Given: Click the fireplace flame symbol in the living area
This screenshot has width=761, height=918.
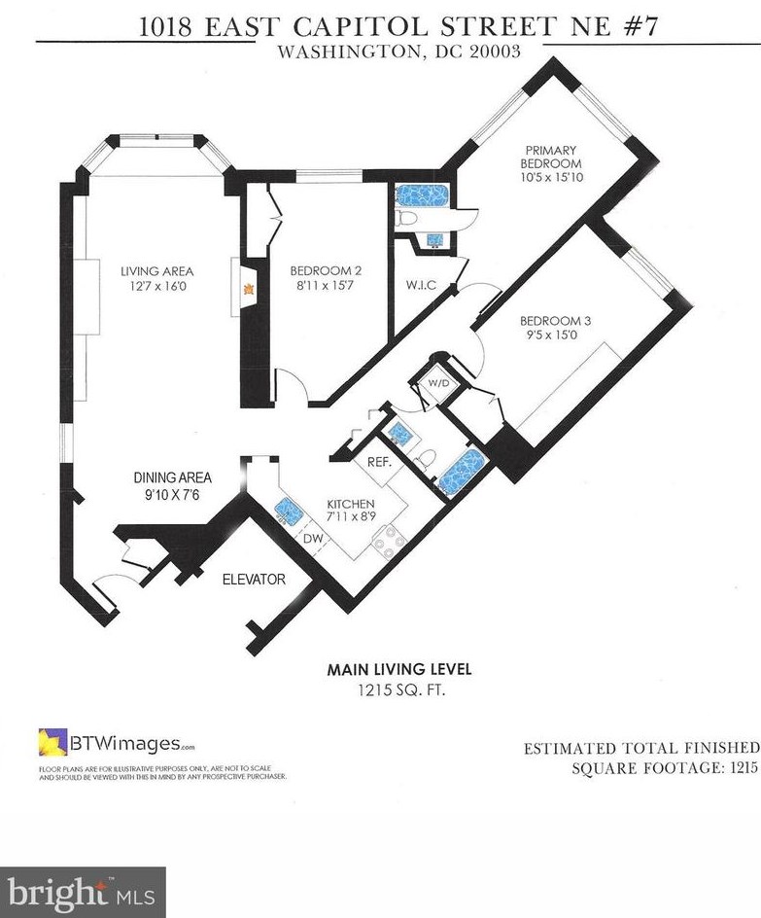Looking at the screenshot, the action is [249, 289].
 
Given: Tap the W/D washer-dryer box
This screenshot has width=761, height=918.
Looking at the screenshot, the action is [438, 383].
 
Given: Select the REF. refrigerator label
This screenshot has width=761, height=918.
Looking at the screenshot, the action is [378, 462].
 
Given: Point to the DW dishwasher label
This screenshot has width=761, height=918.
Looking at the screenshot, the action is [313, 539].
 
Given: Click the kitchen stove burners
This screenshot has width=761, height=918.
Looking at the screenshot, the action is [390, 542].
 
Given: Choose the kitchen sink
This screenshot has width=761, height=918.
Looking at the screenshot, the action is [289, 511].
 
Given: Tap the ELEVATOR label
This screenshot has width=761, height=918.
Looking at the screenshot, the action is [254, 579].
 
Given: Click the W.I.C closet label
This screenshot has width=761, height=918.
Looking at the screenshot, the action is [421, 285].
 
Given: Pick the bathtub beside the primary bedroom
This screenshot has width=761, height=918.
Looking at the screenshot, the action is [422, 195].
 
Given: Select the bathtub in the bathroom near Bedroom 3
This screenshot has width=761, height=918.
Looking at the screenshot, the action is [463, 472].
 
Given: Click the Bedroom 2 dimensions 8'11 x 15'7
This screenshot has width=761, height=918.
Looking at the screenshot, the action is [326, 285].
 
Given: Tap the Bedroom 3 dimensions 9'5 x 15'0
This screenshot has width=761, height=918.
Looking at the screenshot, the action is [555, 335].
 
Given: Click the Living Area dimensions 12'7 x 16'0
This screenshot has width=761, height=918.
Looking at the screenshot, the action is [156, 286].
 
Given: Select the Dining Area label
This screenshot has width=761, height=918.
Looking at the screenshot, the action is [173, 477].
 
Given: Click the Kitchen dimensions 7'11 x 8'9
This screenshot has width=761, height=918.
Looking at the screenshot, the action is [351, 517].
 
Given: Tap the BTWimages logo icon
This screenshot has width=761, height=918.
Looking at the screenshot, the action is [52, 742].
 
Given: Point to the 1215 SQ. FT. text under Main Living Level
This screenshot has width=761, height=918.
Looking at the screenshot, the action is [401, 690].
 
